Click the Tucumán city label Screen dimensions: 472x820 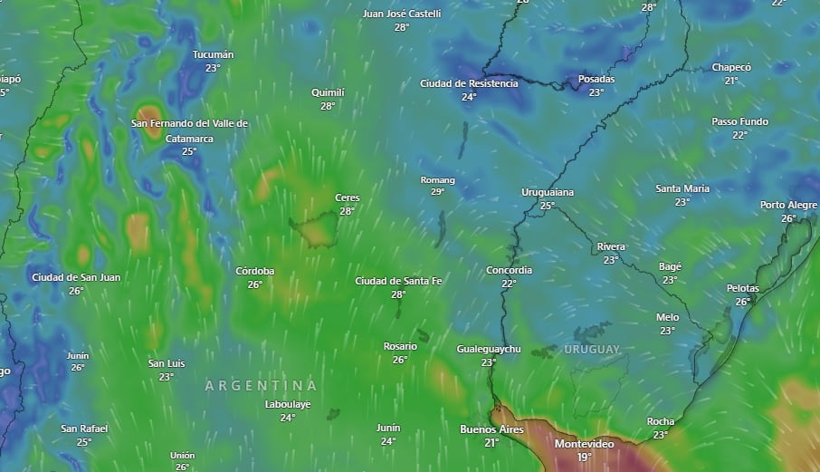(213, 54)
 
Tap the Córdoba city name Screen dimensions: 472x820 (255, 271)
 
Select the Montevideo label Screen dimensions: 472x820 (584, 444)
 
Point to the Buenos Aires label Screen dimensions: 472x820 (491, 429)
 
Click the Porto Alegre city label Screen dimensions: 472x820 (788, 205)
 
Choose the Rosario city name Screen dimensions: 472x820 (400, 346)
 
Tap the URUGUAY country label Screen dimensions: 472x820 (592, 350)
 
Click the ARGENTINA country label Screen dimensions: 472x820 (261, 385)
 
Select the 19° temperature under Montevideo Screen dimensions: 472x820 (584, 458)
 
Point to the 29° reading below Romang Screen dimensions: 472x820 (437, 192)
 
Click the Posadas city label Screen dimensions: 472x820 (596, 79)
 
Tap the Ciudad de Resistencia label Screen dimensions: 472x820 (469, 83)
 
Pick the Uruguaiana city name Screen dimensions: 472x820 (548, 192)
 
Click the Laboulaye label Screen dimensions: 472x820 (288, 404)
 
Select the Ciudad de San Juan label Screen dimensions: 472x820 (76, 277)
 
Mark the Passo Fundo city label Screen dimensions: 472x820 (739, 121)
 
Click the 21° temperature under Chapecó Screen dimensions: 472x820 (730, 81)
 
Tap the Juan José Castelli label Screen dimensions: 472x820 (402, 14)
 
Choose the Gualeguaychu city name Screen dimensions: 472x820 (489, 349)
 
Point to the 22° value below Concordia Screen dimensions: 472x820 (509, 284)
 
